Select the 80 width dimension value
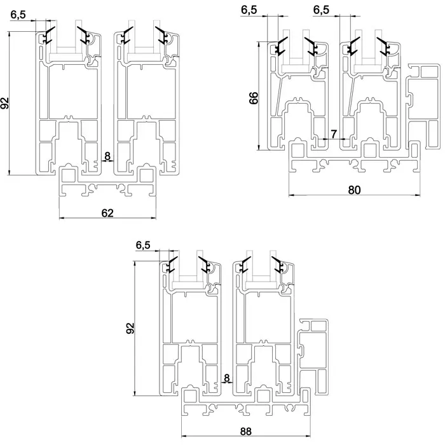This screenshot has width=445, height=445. point(354,189)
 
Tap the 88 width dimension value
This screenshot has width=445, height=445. point(246,431)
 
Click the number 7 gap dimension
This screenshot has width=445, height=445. point(333,134)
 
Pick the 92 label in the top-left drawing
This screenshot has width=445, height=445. point(5,103)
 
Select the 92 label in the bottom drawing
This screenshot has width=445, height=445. point(130,328)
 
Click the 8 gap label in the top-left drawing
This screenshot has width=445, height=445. point(107,156)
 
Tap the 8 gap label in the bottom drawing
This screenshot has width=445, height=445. point(227,378)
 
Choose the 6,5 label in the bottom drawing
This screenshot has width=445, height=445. point(143,245)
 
